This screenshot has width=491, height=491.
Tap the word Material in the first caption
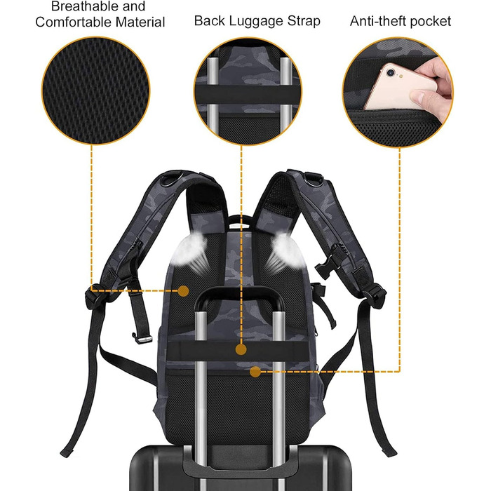tap(140, 22)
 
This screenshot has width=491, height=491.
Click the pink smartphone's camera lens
tap(391, 73)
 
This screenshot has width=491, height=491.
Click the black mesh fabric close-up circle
tap(96, 90)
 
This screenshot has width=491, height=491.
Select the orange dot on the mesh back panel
tap(183, 291)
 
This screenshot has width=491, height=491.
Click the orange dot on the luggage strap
tap(241, 349)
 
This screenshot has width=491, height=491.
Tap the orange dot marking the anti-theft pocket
tap(255, 372)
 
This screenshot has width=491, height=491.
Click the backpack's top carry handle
tap(240, 220)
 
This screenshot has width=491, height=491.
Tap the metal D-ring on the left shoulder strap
tap(171, 178)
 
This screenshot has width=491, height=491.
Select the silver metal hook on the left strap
tap(142, 339)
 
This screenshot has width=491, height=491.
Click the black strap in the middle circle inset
tap(248, 95)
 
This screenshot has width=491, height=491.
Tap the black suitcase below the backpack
tap(241, 468)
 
